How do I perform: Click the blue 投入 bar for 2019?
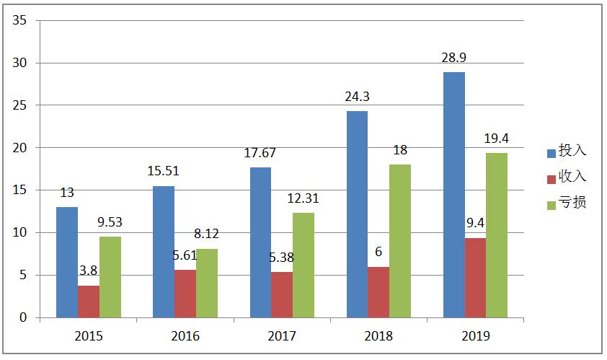[x=454, y=195]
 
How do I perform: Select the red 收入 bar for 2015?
[x=89, y=302]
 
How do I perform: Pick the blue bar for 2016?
[x=164, y=252]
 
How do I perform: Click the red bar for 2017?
[x=282, y=294]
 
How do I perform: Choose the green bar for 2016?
[x=207, y=283]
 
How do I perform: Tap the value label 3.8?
[x=89, y=271]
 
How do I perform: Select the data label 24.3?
[x=358, y=95]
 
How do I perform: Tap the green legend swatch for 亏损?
[x=551, y=203]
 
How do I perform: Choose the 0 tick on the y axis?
[x=23, y=317]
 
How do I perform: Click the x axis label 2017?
[x=282, y=336]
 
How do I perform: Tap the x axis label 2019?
[x=475, y=336]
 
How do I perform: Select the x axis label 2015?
[x=89, y=336]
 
